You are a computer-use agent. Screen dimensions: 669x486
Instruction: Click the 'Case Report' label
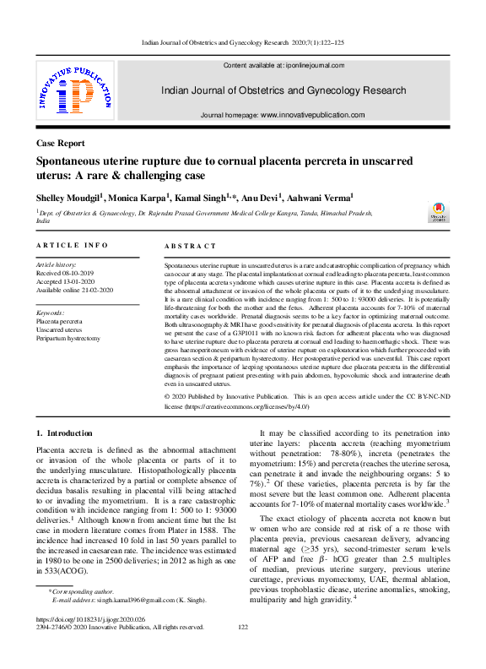(60, 144)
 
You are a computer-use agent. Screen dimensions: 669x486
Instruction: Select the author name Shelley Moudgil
(68, 197)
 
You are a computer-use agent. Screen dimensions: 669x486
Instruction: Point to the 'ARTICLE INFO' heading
(72, 245)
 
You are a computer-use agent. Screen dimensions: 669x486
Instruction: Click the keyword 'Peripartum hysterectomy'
(67, 338)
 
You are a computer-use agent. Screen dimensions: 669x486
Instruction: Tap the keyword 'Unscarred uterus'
(58, 329)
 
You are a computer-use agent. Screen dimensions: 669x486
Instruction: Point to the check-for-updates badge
(439, 212)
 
